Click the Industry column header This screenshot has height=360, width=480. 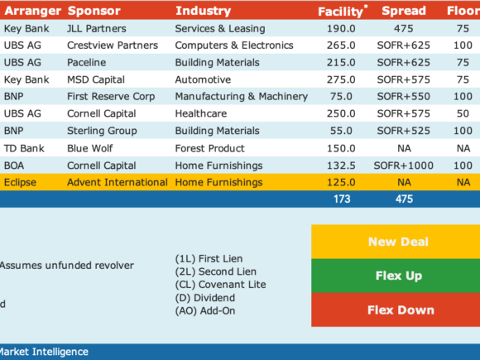[203, 11]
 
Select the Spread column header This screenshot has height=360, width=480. [404, 11]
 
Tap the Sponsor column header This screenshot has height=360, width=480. [94, 11]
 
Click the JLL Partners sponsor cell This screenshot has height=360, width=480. [97, 29]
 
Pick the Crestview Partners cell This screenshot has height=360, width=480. [113, 46]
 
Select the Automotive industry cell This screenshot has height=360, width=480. [203, 79]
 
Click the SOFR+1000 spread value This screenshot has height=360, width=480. [404, 166]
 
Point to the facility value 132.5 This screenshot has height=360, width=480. [341, 166]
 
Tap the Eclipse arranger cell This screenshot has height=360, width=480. [20, 182]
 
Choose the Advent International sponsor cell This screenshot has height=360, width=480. [118, 182]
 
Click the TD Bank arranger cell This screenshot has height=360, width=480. [24, 148]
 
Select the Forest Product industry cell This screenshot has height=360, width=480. [209, 148]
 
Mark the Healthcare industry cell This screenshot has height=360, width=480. [201, 113]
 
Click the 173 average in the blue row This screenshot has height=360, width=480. [342, 199]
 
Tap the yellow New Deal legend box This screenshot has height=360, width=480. [396, 242]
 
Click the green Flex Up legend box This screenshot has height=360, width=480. [396, 276]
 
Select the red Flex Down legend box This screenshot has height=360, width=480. [396, 310]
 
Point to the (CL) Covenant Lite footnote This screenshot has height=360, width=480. [220, 285]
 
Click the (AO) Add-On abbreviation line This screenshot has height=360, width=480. [205, 311]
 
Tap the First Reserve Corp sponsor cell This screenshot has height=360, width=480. [111, 97]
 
